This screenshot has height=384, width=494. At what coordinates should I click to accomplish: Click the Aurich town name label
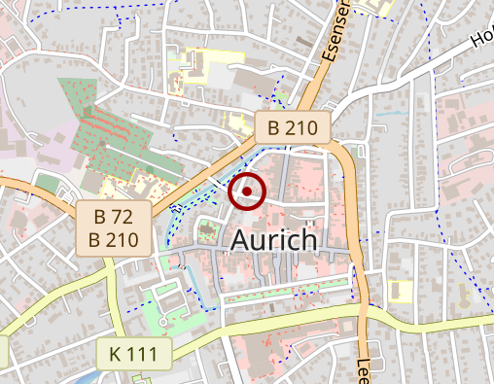(273, 241)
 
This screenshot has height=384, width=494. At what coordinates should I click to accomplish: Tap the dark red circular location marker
(247, 192)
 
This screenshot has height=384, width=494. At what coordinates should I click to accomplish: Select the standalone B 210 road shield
(293, 126)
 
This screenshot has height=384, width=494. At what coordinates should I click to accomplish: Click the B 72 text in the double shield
(114, 216)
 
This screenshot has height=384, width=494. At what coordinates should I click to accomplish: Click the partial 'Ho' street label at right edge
(480, 39)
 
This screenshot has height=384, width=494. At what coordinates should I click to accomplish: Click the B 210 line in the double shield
(114, 239)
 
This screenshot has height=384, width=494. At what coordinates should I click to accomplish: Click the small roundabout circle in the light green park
(163, 321)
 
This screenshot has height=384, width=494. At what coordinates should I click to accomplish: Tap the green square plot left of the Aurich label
(207, 232)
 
